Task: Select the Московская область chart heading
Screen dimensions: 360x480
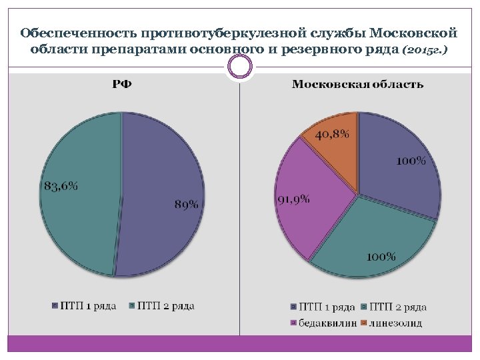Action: [x=357, y=84]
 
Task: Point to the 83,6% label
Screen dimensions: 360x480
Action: [x=61, y=186]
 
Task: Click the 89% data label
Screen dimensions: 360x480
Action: [x=186, y=204]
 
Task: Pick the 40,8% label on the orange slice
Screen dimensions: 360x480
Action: [x=332, y=135]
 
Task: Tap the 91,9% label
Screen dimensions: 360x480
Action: [x=293, y=200]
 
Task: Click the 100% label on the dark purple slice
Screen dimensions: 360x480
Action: [x=411, y=161]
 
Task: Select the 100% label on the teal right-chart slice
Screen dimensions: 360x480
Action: [x=381, y=257]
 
